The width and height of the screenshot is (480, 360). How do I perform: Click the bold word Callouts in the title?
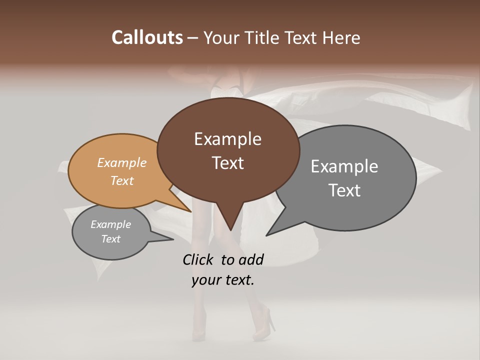coord(147,37)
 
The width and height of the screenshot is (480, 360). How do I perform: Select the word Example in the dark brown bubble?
coord(227,139)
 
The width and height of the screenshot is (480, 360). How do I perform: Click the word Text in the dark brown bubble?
coord(227,163)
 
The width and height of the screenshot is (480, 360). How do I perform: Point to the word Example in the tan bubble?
coord(122,162)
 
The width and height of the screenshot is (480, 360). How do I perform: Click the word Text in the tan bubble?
coord(122,180)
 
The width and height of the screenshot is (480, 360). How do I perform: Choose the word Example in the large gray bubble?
coord(344,166)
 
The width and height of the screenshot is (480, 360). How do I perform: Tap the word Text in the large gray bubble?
coord(344,190)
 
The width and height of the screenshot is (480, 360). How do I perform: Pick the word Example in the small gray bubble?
coord(111,224)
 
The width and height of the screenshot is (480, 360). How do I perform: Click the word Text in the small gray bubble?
coord(111,239)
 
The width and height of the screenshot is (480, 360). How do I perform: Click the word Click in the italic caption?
coord(199,259)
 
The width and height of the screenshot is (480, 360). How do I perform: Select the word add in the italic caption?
coord(251,259)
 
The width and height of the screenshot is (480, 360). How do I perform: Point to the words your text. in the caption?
coord(223,280)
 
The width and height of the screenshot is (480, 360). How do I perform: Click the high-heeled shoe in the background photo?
coord(265,325)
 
